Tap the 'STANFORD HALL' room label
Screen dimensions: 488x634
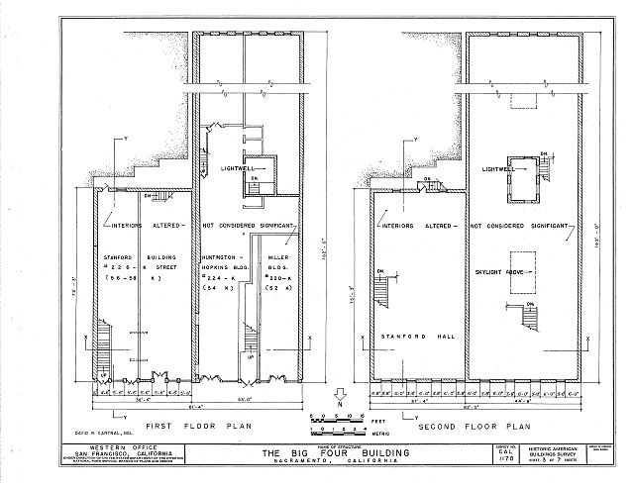pos(410,336)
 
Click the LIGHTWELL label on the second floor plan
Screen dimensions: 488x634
pos(500,168)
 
